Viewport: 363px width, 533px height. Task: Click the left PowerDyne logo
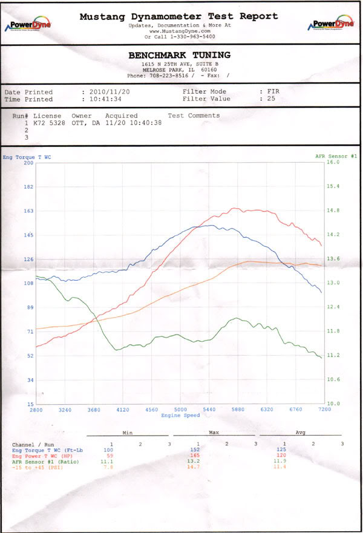coord(28,25)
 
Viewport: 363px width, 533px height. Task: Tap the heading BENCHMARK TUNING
coord(179,55)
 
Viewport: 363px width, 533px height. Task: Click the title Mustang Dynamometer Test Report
coord(179,17)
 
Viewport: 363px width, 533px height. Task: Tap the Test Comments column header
coord(194,116)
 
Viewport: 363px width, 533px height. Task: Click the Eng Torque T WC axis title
coord(27,157)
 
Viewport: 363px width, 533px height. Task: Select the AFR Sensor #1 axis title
coord(336,157)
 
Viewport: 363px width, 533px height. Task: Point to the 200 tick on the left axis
coord(28,163)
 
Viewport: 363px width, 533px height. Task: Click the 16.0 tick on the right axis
coord(333,163)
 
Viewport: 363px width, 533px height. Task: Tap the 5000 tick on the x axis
coord(180,410)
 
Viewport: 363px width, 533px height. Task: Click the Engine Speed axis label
coord(180,416)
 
